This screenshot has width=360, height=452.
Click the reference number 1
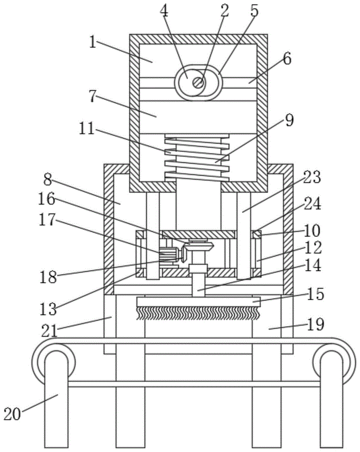click(92, 42)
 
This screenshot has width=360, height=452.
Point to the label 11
click(86, 128)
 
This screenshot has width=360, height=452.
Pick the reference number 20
click(12, 414)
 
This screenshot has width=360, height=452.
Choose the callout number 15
click(316, 294)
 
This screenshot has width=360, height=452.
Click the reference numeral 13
click(48, 309)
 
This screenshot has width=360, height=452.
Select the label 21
click(50, 331)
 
